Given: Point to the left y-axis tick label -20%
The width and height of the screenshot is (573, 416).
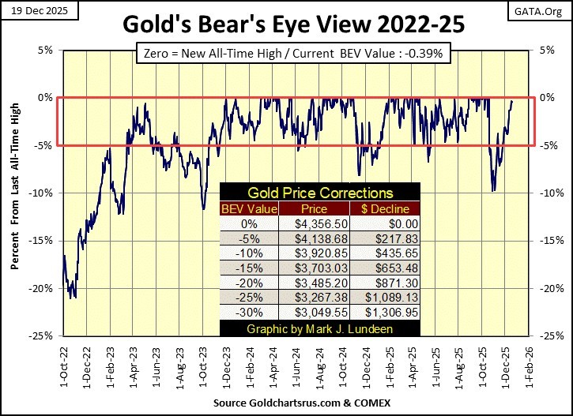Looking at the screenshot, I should [43, 288].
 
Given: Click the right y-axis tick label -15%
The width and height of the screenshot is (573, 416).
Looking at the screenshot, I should [550, 241].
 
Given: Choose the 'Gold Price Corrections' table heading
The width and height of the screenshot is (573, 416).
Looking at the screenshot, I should [320, 193].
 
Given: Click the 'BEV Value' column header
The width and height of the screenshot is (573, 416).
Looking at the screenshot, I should [250, 209].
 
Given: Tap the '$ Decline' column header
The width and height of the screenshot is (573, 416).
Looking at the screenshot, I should [387, 209].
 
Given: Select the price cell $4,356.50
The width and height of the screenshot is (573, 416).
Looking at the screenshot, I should [320, 224].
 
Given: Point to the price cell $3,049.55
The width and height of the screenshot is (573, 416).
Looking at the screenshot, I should [320, 312].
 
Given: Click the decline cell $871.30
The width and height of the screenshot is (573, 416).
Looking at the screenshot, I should [387, 283].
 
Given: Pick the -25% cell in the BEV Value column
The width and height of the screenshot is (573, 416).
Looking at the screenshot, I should [250, 298].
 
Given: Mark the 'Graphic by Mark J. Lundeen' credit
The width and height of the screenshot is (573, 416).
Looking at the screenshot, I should [320, 328].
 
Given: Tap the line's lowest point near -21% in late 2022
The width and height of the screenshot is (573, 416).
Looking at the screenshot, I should [73, 298].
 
